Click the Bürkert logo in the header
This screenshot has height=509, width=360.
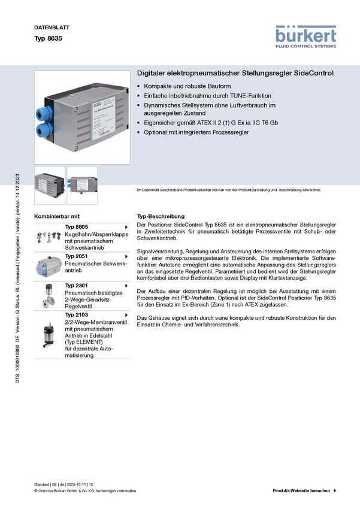[306, 36]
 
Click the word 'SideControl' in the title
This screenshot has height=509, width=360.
[313, 73]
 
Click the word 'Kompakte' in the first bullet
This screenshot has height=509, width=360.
[157, 87]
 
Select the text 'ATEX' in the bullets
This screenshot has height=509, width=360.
[202, 123]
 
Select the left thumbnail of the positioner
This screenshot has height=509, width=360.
[50, 186]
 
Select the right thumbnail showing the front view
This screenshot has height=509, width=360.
[82, 186]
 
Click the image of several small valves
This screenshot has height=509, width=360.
[49, 237]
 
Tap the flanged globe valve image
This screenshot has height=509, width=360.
[48, 296]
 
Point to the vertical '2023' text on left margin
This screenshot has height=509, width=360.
[18, 180]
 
